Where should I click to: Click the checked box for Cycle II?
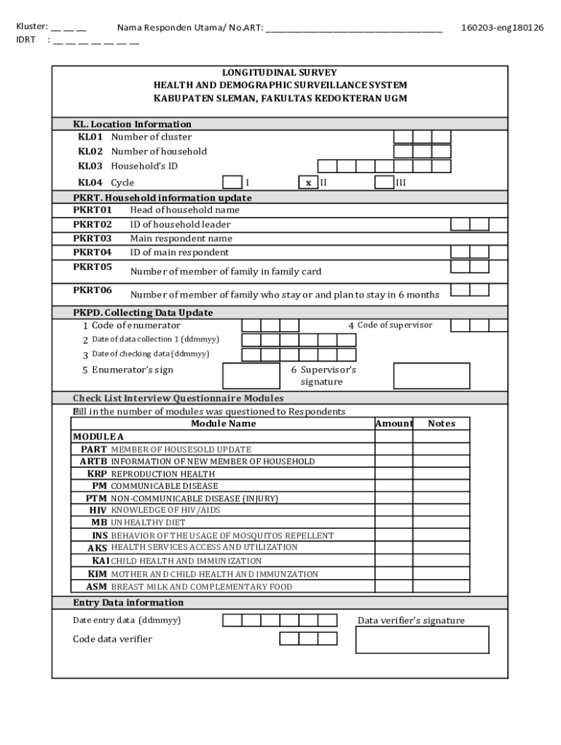308,183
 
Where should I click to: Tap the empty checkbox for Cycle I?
232,182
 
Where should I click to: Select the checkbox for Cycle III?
384,182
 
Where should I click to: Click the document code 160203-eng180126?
502,28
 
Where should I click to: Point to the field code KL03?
90,166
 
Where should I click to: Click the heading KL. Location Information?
132,124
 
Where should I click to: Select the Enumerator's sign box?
251,376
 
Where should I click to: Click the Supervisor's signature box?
431,376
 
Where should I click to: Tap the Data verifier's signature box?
422,640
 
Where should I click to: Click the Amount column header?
393,423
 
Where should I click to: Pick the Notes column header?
442,423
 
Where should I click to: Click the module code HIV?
98,510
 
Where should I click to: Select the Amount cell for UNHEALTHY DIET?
393,522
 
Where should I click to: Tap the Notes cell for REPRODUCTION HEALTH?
442,474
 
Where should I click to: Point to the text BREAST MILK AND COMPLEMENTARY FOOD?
201,587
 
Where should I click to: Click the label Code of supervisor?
394,325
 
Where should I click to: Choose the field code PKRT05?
93,267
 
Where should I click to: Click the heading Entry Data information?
128,602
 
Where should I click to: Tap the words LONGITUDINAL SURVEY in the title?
280,73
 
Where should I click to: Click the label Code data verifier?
112,639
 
